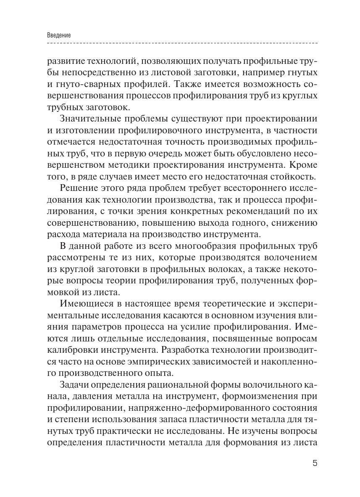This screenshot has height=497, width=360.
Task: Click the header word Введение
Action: pos(59,35)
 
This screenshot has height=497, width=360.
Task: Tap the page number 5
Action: pos(315,464)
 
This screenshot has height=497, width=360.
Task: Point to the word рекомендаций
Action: pos(249,210)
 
